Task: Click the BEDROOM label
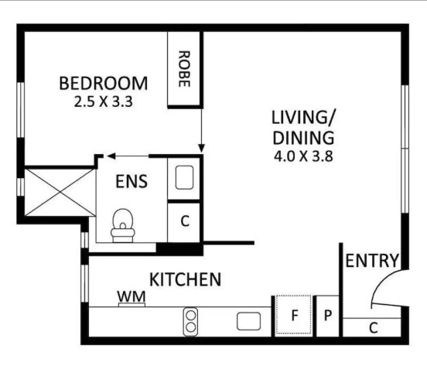[104, 83]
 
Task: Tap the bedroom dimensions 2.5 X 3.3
[104, 102]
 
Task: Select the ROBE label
[184, 69]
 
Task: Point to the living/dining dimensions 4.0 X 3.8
[303, 156]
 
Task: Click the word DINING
[303, 138]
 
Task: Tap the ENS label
[132, 182]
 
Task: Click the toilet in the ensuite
[123, 226]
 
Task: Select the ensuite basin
[184, 177]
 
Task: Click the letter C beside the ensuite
[185, 221]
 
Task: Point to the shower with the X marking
[60, 193]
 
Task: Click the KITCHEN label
[185, 279]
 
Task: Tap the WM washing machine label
[132, 296]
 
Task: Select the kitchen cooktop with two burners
[190, 321]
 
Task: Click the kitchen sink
[248, 321]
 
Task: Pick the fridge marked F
[294, 315]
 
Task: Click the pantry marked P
[328, 316]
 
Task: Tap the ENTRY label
[372, 261]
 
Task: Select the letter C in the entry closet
[374, 328]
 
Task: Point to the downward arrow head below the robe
[201, 149]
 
